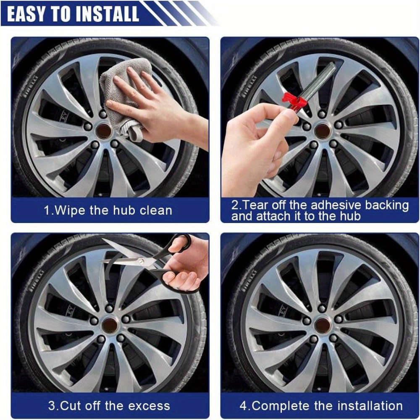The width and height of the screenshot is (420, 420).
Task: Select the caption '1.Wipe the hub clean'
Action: pyautogui.click(x=108, y=210)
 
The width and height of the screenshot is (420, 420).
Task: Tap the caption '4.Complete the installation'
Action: pyautogui.click(x=321, y=406)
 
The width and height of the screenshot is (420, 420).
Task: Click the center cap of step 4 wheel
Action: pyautogui.click(x=323, y=325)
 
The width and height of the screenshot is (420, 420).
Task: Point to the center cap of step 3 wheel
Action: pyautogui.click(x=110, y=325)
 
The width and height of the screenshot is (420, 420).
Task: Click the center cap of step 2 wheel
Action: pyautogui.click(x=323, y=131)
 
